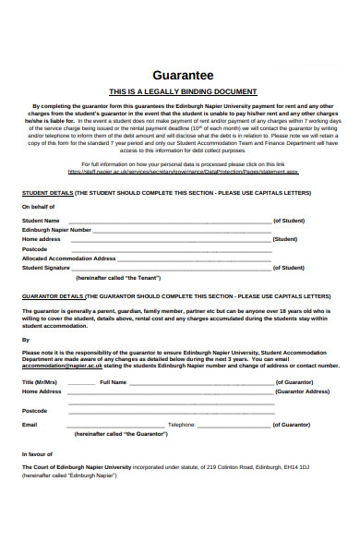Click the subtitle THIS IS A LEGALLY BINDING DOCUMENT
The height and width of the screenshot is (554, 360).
(x=182, y=92)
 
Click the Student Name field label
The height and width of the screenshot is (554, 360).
(x=41, y=221)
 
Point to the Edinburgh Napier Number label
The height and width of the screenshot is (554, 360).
(x=56, y=230)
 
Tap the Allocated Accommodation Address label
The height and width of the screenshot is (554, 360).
(x=68, y=259)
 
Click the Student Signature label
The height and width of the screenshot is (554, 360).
(x=46, y=268)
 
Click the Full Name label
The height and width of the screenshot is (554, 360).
(x=113, y=381)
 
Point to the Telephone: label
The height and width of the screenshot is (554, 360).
(x=182, y=425)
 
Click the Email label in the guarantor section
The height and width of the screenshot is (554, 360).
(x=30, y=425)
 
